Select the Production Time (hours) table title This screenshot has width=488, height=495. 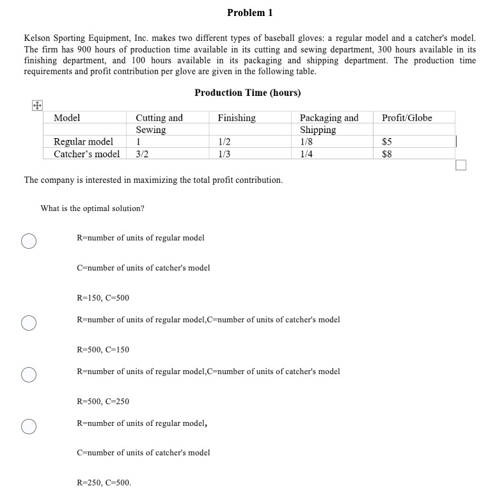pos(248,93)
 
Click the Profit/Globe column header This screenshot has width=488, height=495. pos(407,118)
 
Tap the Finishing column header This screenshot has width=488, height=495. pos(237,118)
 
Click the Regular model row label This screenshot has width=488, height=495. pos(83,142)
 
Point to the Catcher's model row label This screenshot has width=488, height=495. pos(86,154)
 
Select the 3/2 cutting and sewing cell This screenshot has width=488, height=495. pos(142,154)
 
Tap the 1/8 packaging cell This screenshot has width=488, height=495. pos(306,142)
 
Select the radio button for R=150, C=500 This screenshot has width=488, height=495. pos(28,240)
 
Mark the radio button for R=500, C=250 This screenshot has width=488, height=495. pos(28,374)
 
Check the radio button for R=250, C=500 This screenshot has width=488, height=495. pos(28,426)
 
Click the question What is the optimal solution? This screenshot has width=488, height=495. pos(92,208)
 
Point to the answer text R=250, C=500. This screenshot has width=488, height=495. pos(104,483)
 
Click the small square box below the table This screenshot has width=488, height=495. pos(461,166)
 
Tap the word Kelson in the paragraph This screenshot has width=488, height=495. pos(38,38)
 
